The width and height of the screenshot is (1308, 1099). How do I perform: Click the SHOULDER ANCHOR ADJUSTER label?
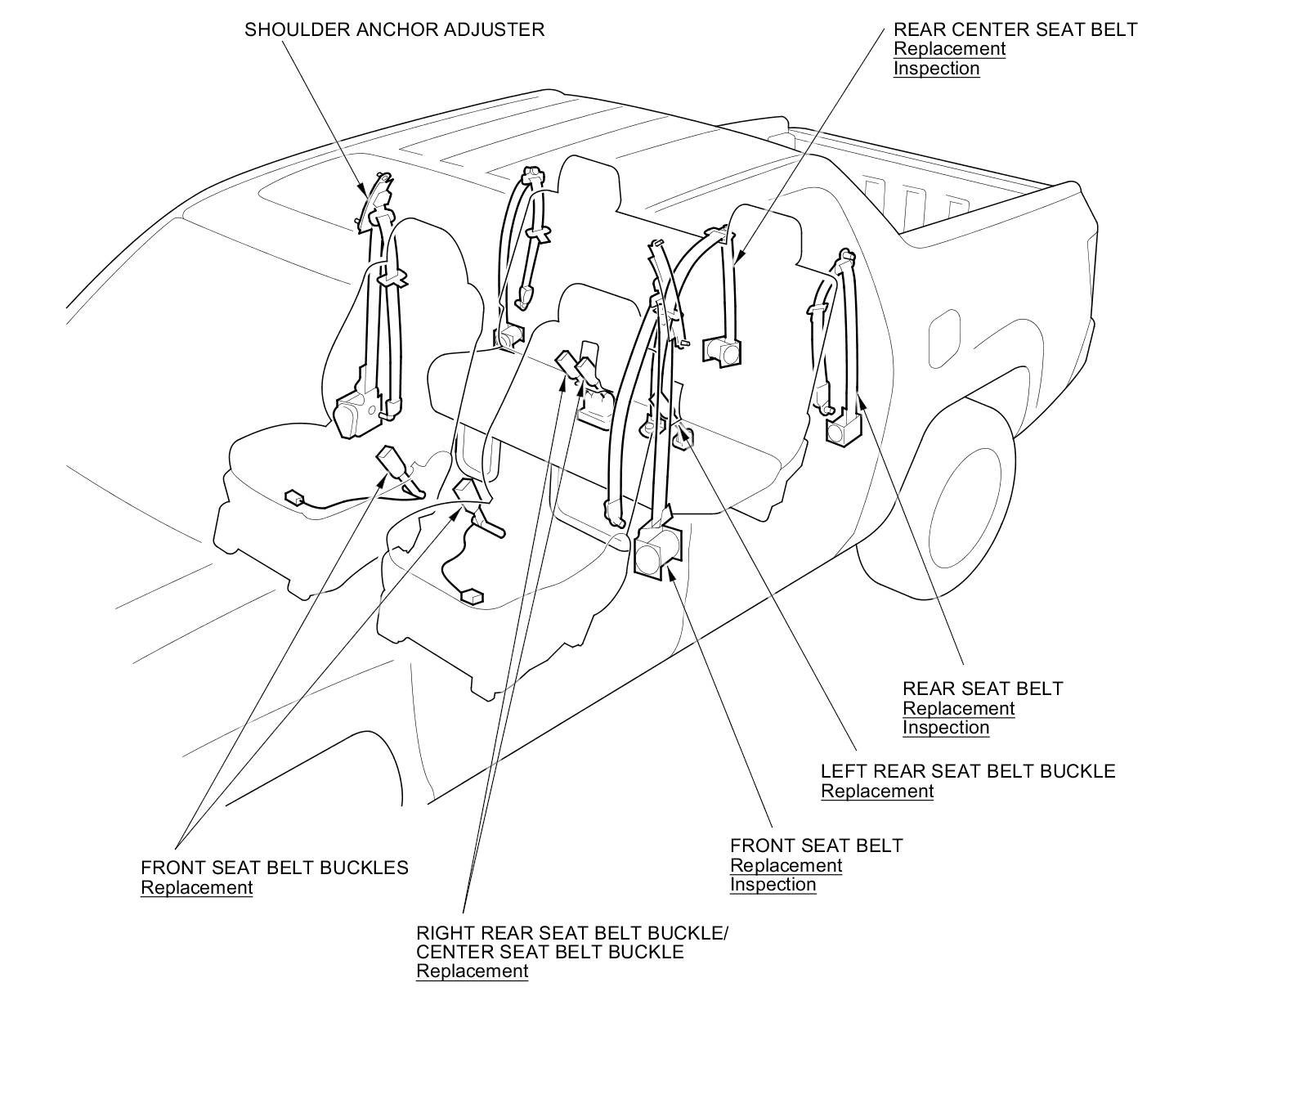tap(394, 29)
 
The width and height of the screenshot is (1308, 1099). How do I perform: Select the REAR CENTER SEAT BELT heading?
tap(1015, 29)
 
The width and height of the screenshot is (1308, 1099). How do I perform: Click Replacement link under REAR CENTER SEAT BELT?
tap(949, 48)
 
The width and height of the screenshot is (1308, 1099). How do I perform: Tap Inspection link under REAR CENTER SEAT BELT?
tap(936, 68)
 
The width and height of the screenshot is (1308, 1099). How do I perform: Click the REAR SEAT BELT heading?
tap(983, 689)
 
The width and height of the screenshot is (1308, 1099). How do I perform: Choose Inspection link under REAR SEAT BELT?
tap(946, 727)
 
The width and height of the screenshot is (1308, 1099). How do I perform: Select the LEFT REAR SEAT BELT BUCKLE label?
tap(968, 771)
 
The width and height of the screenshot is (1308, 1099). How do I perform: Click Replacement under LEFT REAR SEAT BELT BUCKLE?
tap(877, 791)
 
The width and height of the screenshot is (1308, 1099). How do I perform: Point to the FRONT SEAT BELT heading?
tap(816, 846)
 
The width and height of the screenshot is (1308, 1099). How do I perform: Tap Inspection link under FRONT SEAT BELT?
tap(773, 884)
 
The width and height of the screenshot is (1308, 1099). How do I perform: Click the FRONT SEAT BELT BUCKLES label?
tap(274, 868)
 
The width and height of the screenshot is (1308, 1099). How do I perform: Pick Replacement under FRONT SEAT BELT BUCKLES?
tap(196, 887)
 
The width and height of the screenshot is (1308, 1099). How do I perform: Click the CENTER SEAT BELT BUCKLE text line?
tap(549, 952)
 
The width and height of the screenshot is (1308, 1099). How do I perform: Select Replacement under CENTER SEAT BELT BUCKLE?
tap(472, 971)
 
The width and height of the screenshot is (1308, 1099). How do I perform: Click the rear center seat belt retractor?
tap(721, 350)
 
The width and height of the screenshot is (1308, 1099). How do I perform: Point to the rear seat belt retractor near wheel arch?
tap(844, 429)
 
